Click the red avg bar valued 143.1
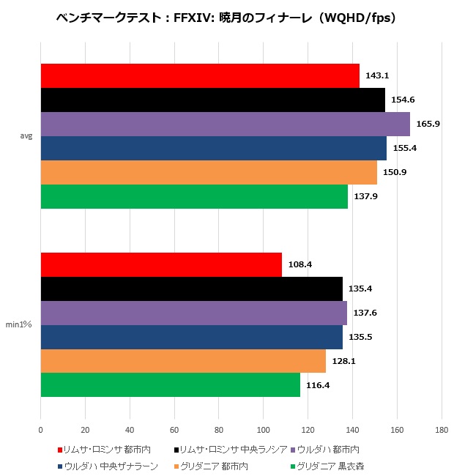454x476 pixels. [x=200, y=76]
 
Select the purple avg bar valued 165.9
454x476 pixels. [x=225, y=124]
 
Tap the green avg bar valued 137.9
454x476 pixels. [x=194, y=196]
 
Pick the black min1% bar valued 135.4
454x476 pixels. [x=191, y=289]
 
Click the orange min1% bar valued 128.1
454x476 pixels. [x=183, y=361]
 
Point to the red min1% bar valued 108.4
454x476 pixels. [x=161, y=264]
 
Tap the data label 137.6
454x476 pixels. [x=365, y=313]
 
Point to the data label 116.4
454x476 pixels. [x=318, y=385]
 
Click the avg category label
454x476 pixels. [x=26, y=136]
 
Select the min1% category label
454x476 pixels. [x=21, y=324]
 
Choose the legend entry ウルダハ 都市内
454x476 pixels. [x=330, y=449]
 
